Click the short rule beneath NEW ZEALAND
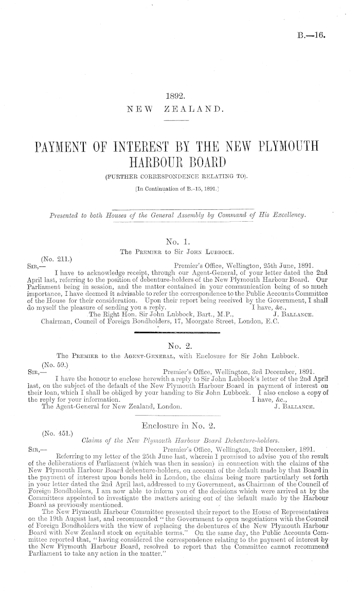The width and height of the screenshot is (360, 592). (x=176, y=122)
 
